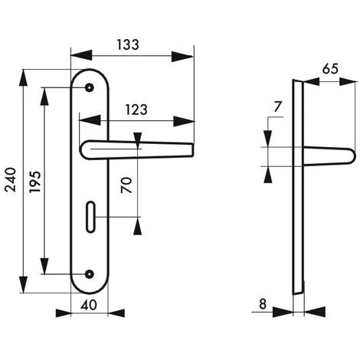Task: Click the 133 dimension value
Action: [x=128, y=45]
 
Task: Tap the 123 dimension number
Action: [x=136, y=110]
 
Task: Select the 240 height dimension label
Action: [x=11, y=179]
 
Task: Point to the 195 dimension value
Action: [x=34, y=182]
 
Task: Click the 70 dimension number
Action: [x=126, y=185]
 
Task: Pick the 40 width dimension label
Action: [x=89, y=305]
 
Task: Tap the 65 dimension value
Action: [x=330, y=69]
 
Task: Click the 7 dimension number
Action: [x=277, y=106]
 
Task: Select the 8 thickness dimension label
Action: [x=263, y=304]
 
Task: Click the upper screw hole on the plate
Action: [x=90, y=87]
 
